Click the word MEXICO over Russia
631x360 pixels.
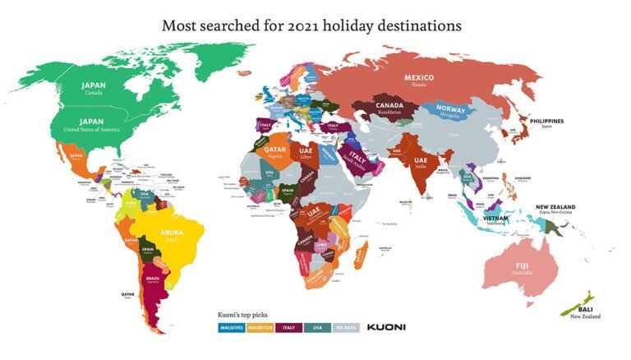click(x=418, y=77)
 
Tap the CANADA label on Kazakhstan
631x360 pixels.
click(x=389, y=105)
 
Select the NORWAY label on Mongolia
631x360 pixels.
click(x=451, y=108)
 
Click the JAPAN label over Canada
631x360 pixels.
click(x=93, y=85)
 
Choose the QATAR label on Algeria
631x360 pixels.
click(x=275, y=150)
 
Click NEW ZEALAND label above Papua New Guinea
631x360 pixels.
click(x=555, y=207)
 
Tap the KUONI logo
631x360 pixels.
click(x=386, y=327)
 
